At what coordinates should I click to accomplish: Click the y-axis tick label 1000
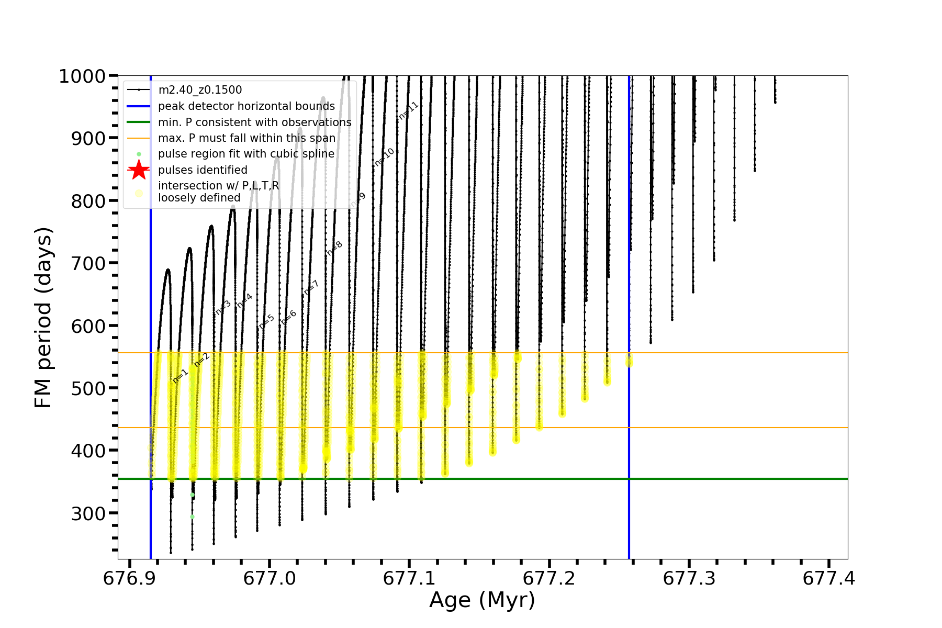82,76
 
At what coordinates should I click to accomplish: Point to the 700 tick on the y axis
88,263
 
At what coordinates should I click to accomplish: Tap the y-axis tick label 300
88,513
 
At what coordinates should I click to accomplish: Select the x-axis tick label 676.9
129,578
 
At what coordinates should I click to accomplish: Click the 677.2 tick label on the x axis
549,578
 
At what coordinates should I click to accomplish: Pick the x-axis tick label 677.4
829,578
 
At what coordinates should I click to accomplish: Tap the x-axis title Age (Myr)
482,600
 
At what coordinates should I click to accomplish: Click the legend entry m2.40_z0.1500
200,90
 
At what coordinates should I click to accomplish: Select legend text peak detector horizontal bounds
246,106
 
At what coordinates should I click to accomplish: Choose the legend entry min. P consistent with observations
255,122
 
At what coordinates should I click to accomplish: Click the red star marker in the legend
139,170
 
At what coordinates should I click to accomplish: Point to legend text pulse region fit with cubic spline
246,154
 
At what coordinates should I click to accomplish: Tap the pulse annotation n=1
180,376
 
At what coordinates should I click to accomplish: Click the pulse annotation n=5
266,321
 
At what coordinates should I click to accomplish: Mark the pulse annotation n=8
334,248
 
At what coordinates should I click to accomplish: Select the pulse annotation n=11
409,110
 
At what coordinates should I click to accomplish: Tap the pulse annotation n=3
223,307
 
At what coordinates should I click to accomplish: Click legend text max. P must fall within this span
246,138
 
